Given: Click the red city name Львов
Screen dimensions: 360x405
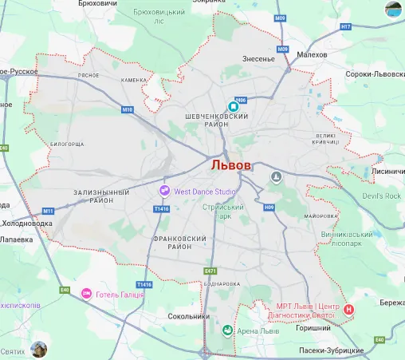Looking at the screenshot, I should coord(231,165).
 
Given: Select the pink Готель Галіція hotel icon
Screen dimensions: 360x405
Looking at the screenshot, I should coord(86,295).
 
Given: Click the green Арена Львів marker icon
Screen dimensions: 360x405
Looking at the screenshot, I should coord(227,330).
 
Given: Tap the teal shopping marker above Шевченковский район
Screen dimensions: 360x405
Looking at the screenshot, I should coord(234,106).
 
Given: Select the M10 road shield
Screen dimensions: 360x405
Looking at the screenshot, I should coord(128,109).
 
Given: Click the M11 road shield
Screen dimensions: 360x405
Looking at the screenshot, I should coord(48,211).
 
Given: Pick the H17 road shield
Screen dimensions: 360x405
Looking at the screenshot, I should coord(345,26).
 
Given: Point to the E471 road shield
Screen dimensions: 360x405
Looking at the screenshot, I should coord(210,271).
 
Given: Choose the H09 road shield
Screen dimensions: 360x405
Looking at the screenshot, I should coord(269,207).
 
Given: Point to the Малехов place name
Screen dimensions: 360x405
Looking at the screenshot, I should coord(311,54).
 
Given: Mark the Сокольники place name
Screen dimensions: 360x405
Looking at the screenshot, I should coord(189,316).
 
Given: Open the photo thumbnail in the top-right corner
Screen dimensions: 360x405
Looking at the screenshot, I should coord(394,10).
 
